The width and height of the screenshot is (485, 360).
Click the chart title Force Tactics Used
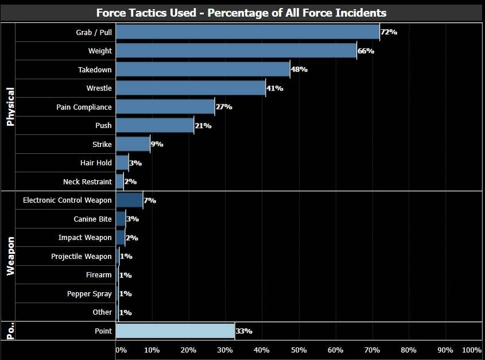(241, 13)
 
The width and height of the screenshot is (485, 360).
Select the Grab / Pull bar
(247, 32)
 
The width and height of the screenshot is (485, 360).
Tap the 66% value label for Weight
(366, 51)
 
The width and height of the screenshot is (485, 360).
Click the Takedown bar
(203, 69)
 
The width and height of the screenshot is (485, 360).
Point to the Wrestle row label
(99, 88)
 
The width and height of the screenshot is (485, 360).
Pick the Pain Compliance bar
(165, 107)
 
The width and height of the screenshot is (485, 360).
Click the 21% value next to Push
(203, 126)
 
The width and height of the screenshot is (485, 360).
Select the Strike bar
(133, 144)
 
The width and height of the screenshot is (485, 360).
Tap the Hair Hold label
(96, 163)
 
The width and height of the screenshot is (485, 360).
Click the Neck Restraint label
(87, 182)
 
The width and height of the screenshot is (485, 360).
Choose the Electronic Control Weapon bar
(129, 200)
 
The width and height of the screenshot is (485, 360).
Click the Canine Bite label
(92, 219)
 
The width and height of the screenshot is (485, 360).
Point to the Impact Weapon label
(85, 238)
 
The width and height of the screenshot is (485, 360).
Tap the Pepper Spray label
(90, 294)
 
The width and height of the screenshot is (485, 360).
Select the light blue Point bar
(175, 331)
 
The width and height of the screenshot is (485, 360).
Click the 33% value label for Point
(244, 331)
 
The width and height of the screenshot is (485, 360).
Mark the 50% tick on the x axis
(298, 350)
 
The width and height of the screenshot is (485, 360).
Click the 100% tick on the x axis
(471, 350)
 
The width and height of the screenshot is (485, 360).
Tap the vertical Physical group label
(10, 107)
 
